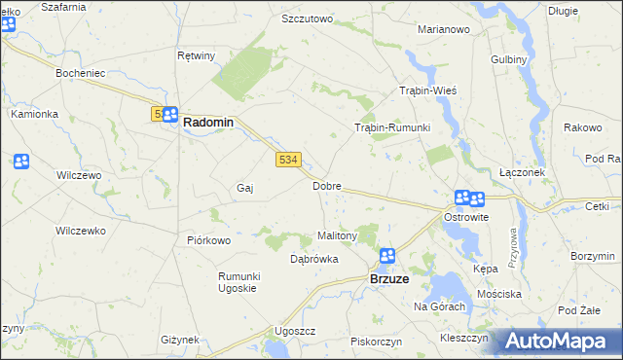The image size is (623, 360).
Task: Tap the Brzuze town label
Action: coord(394,278)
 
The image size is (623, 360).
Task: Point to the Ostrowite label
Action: coord(466,217)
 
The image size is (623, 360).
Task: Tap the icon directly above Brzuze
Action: coord(386,256)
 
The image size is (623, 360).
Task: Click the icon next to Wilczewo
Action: coord(21,161)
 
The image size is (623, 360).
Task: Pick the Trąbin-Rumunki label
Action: coord(391,127)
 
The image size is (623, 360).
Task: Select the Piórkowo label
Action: coord(207,240)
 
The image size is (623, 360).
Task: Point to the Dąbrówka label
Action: coord(314,259)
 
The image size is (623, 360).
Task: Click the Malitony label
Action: coord(339,235)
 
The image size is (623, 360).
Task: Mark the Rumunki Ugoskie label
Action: coord(237,282)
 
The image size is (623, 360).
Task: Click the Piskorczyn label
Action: coord(378,342)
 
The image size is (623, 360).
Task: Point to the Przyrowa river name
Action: coord(511,245)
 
